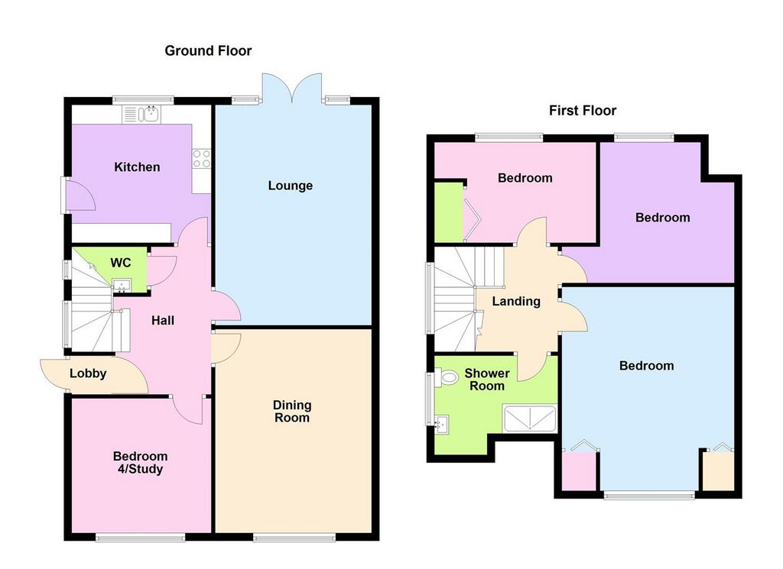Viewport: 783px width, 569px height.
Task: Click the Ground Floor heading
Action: [x=208, y=51]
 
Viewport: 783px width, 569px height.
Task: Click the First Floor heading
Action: [x=583, y=111]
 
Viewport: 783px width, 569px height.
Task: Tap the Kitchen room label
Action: [x=138, y=167]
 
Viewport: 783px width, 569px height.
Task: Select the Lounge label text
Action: [x=290, y=186]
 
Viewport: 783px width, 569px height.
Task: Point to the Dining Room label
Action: [x=292, y=412]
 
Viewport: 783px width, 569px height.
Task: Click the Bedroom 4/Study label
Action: [x=141, y=463]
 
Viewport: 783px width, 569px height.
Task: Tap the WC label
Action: [x=121, y=263]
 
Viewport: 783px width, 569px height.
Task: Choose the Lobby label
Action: [x=88, y=373]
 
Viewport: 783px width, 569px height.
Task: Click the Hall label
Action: [x=163, y=321]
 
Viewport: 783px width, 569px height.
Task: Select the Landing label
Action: [x=516, y=301]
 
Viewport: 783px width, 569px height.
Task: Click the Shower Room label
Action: [x=487, y=380]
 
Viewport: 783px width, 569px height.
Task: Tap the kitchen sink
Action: [x=141, y=115]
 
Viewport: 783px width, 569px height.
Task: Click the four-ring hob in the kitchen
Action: [x=202, y=159]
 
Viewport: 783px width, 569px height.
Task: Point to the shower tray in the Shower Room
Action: [x=530, y=419]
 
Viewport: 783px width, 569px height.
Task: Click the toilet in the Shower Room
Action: [x=446, y=377]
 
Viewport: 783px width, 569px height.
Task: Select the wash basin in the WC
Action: [x=122, y=285]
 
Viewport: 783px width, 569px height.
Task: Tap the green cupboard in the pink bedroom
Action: [x=449, y=212]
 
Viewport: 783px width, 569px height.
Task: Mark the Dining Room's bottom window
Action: [x=294, y=537]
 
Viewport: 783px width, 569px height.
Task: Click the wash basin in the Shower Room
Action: [x=442, y=425]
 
